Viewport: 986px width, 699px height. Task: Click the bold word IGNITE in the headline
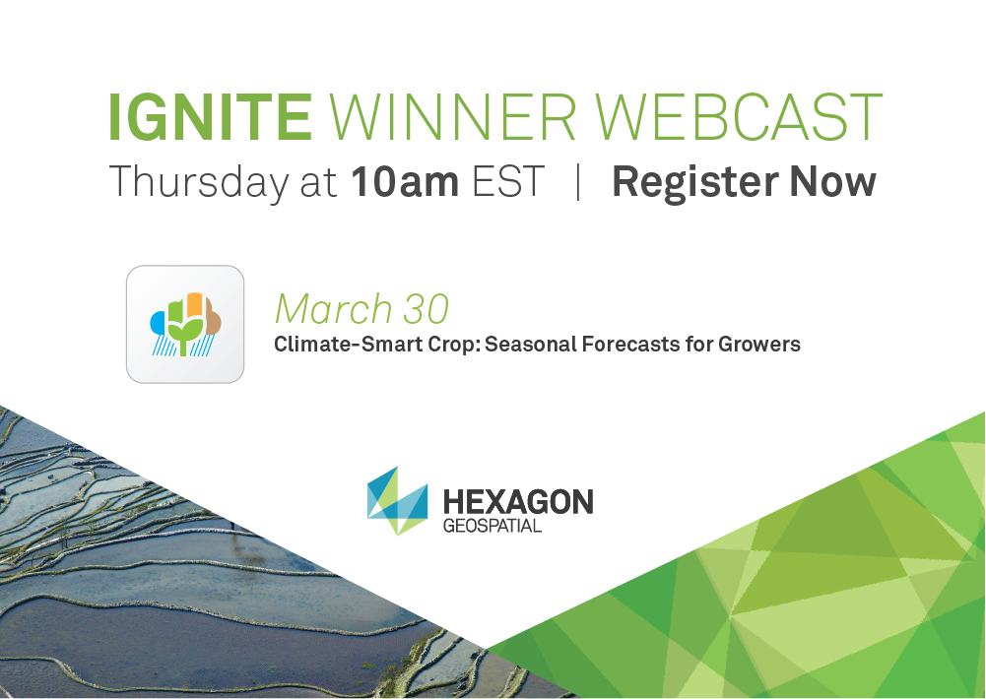[x=210, y=117]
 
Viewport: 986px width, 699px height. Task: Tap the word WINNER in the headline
[x=452, y=117]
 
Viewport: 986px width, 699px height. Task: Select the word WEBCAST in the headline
[x=739, y=117]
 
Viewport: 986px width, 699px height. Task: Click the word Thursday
[x=199, y=183]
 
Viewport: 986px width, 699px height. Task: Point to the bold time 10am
[x=404, y=182]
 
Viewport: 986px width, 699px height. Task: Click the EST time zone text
[x=508, y=182]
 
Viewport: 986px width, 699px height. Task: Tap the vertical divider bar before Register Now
[x=578, y=182]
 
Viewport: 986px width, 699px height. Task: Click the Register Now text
[x=744, y=183]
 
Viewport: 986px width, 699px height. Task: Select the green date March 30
[x=362, y=308]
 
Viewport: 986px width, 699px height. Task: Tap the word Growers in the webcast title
[x=759, y=345]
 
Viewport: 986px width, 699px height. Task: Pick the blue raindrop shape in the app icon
[x=157, y=323]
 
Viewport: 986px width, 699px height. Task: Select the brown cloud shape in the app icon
[x=213, y=317]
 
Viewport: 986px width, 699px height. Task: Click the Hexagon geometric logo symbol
[x=397, y=501]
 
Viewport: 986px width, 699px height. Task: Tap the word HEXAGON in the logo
[x=518, y=502]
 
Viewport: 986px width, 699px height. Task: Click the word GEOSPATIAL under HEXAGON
[x=493, y=526]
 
